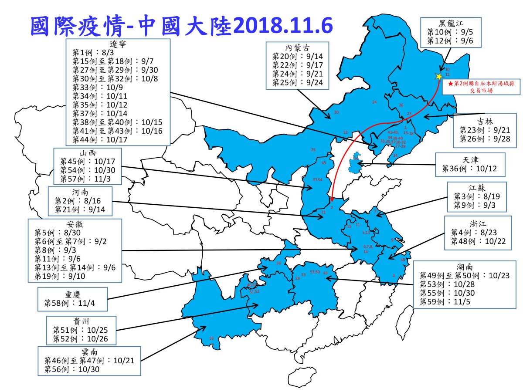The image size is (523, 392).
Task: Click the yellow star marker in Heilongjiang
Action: coord(438,76)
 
